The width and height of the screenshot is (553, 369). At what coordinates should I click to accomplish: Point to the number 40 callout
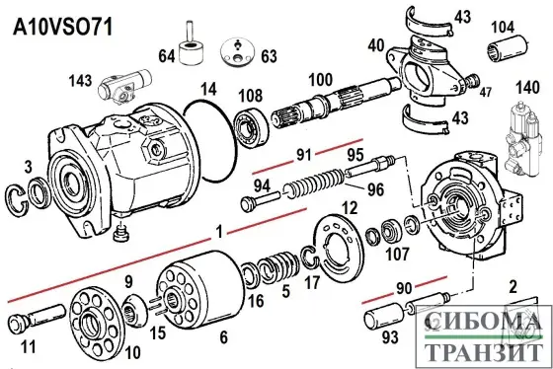[x=375, y=44]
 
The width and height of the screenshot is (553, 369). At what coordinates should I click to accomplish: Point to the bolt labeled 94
[x=259, y=202]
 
